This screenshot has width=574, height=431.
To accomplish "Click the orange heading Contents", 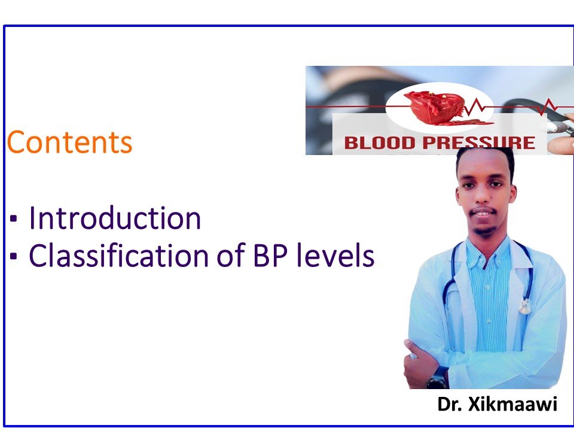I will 69,142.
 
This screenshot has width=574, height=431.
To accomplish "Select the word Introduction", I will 115,218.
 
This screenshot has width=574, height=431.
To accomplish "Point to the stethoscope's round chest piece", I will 525,306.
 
